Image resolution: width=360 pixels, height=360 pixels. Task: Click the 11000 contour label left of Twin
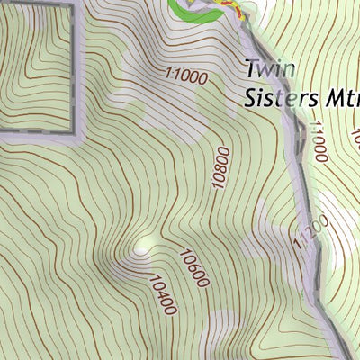[x=186, y=77]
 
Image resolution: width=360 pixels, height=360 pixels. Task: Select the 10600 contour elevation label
[x=194, y=268]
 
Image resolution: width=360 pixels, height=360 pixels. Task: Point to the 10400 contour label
[x=163, y=295]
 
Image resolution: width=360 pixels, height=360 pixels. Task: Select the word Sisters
[x=275, y=97]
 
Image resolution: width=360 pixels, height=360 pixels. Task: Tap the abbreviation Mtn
[x=335, y=97]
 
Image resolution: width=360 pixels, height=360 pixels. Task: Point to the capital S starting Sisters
[x=250, y=97]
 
